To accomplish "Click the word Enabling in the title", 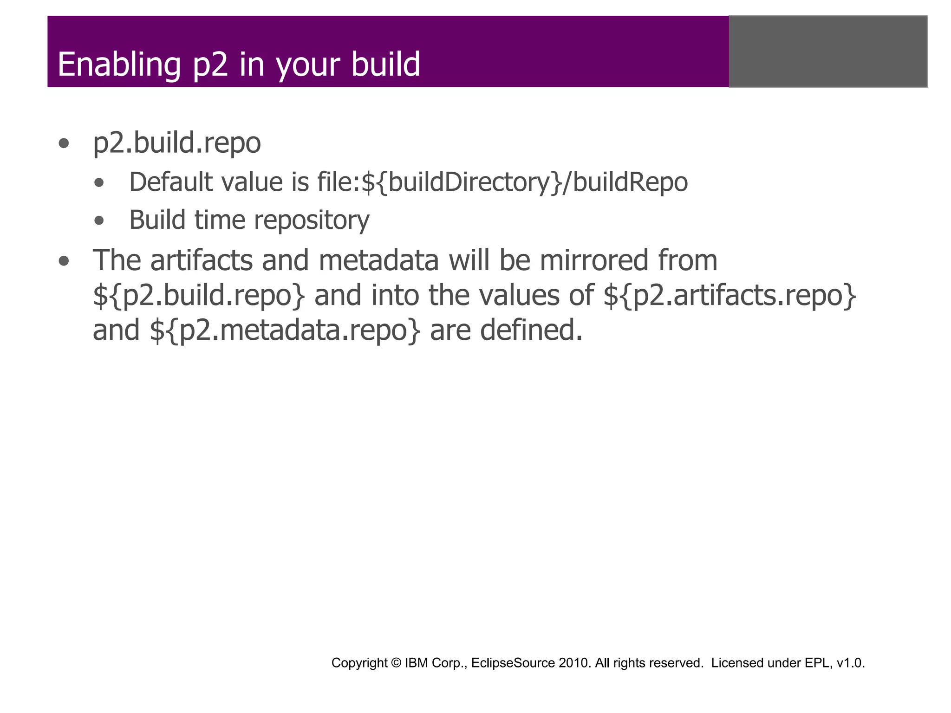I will coord(119,65).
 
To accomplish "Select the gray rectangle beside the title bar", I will coord(828,52).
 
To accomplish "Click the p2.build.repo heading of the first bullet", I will coord(177,143).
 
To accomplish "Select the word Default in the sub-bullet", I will coord(170,182).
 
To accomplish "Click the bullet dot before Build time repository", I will coord(99,220).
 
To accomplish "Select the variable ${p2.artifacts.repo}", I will coord(730,295).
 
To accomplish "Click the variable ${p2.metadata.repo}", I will coord(285,331).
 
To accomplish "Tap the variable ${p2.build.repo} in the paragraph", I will coord(199,295).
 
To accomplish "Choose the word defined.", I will coord(531,330).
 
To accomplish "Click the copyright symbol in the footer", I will coord(396,663).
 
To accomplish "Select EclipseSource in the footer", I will coord(513,663).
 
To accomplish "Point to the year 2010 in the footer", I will coord(575,663).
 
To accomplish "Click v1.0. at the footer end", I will coord(851,663).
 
